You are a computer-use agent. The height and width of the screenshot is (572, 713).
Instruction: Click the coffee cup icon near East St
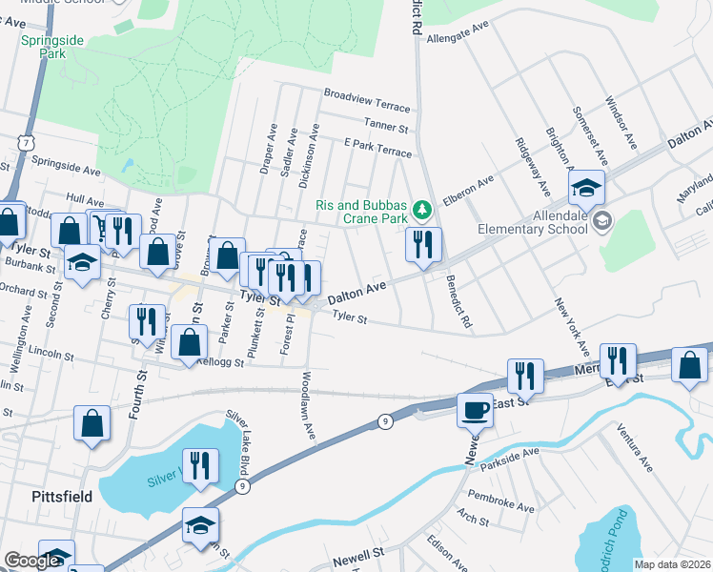point(475,410)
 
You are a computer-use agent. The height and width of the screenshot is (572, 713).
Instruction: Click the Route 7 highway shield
point(22,140)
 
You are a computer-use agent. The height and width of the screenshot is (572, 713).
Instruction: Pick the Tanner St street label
point(385,125)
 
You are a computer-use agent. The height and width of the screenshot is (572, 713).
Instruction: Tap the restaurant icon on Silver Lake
point(200,465)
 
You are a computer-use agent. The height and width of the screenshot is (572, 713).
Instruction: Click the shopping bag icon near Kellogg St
point(191,343)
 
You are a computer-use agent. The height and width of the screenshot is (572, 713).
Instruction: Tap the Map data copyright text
point(672,564)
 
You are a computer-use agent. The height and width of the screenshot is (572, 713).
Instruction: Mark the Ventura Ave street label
point(634,448)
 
